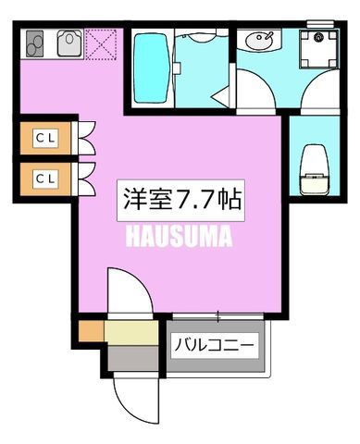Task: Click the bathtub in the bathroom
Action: click(151, 68)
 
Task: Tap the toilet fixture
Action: click(315, 170)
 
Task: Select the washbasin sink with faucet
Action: click(259, 40)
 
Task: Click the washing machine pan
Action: click(318, 49)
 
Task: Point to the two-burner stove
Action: click(34, 43)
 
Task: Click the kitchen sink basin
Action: click(69, 43)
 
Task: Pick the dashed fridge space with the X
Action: click(101, 44)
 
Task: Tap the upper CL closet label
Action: click(45, 138)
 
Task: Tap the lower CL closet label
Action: click(45, 179)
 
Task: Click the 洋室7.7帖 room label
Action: click(180, 200)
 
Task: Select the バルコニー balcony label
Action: click(215, 345)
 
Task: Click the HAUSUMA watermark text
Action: click(179, 237)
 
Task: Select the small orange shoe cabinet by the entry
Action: click(91, 331)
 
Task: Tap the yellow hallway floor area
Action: click(131, 332)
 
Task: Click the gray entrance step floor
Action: click(133, 358)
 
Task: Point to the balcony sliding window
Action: click(217, 316)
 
